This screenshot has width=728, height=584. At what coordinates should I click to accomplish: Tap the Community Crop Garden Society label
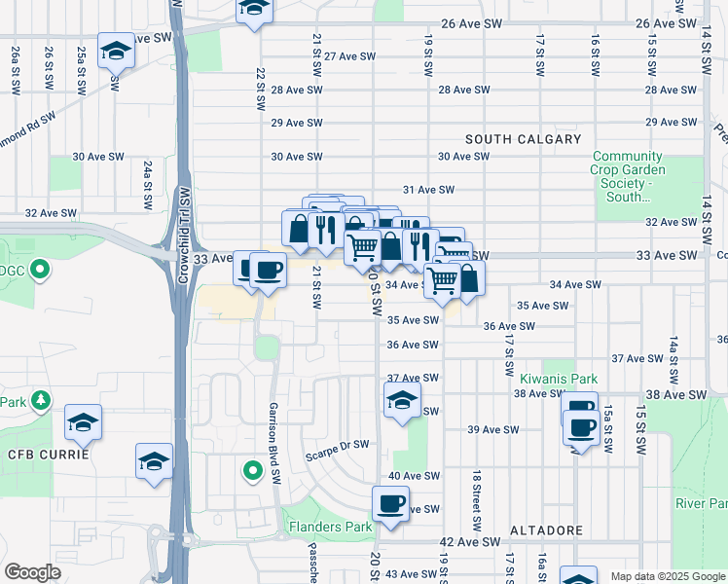pyautogui.click(x=628, y=176)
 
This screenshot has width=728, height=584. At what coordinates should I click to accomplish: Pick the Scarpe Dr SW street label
pyautogui.click(x=337, y=446)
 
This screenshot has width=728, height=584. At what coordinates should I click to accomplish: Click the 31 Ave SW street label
pyautogui.click(x=429, y=190)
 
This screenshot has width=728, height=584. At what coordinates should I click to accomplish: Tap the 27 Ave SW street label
pyautogui.click(x=349, y=56)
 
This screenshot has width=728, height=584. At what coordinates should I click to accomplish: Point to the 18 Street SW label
pyautogui.click(x=477, y=501)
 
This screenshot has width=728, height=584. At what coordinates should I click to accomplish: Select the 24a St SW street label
pyautogui.click(x=148, y=185)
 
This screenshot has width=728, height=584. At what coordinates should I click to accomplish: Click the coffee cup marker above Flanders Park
pyautogui.click(x=391, y=504)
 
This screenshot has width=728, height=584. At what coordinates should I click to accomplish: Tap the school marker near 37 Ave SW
pyautogui.click(x=402, y=400)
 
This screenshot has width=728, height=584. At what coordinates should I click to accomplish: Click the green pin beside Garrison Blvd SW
pyautogui.click(x=252, y=472)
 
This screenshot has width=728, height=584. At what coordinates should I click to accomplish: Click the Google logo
pyautogui.click(x=32, y=572)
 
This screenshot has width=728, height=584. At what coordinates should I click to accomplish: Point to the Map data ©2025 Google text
pyautogui.click(x=666, y=576)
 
